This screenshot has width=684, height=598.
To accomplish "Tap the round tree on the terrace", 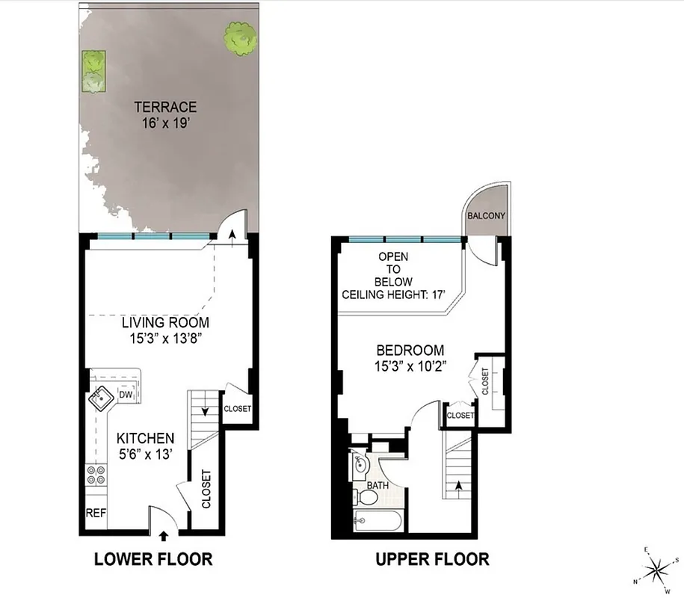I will click(x=240, y=38).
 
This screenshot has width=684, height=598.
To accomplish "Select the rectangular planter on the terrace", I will click(x=93, y=71).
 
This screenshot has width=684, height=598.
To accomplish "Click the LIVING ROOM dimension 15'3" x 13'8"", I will click(x=166, y=338).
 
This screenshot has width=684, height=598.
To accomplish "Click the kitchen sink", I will click(x=100, y=400).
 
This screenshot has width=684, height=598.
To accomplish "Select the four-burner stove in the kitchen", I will click(x=96, y=476).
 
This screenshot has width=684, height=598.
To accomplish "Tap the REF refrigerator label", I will click(x=95, y=514).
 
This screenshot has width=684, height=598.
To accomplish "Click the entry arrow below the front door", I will click(x=164, y=535).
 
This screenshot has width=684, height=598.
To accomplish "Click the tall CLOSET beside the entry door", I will click(x=206, y=489).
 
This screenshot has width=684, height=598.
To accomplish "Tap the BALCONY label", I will click(x=486, y=216).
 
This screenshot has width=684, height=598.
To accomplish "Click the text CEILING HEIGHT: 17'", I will click(x=393, y=295).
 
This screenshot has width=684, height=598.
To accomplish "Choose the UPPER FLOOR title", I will click(x=432, y=559).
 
